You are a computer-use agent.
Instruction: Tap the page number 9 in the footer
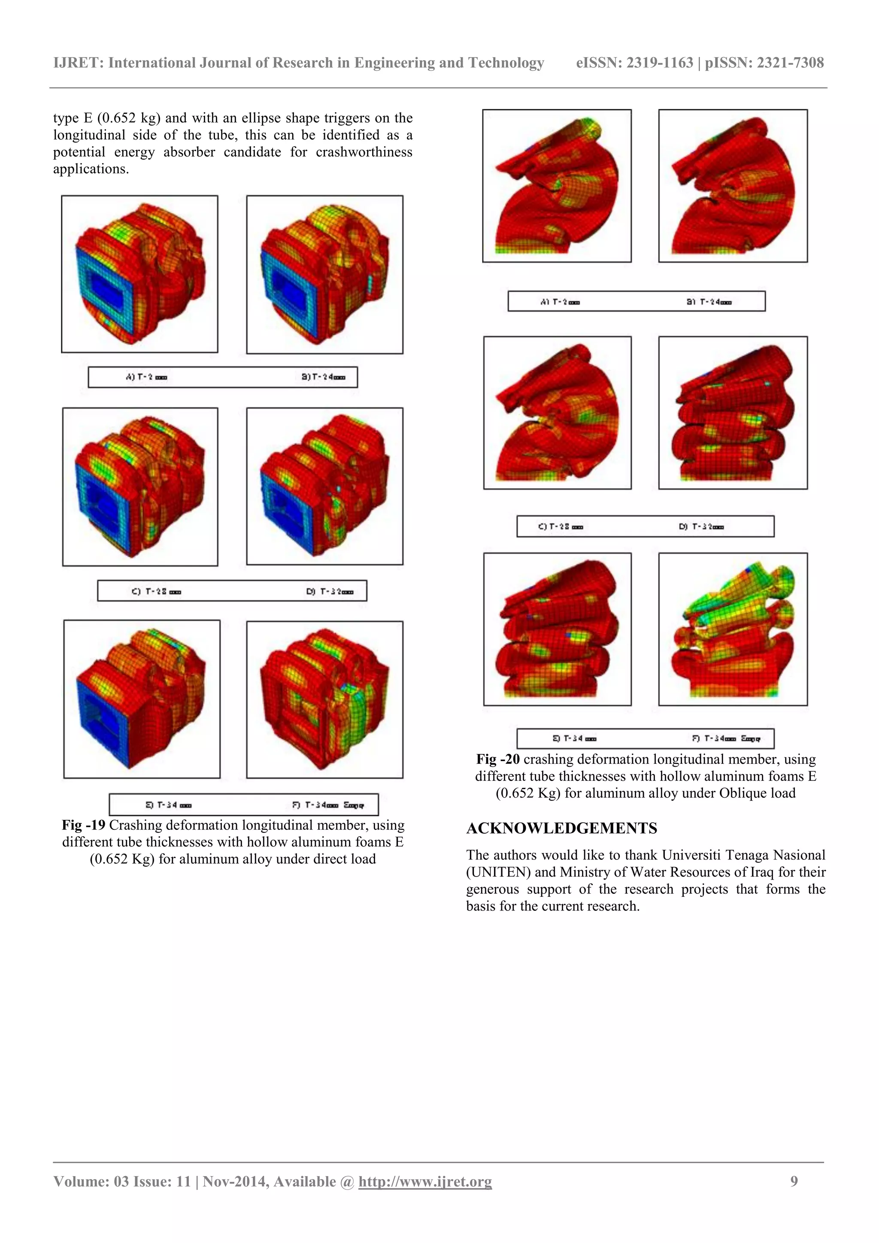[794, 1181]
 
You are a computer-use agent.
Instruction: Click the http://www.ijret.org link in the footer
[425, 1181]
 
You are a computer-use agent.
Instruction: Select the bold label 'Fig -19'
[83, 825]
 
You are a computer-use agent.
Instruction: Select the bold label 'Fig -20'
[498, 759]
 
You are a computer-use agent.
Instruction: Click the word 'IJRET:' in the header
[79, 64]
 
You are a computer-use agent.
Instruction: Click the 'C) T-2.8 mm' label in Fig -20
[561, 526]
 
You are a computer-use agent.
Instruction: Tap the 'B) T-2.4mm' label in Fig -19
[323, 377]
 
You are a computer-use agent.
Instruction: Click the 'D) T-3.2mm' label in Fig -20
[701, 526]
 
